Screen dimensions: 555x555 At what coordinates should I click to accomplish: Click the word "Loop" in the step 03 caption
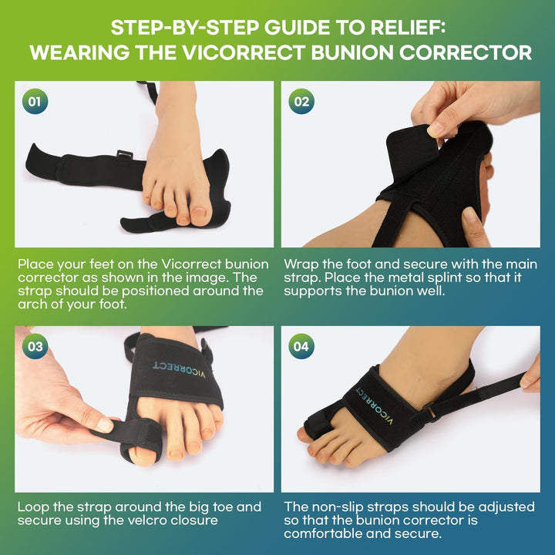tap(32, 506)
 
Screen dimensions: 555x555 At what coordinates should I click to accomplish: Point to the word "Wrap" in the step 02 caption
tap(301, 264)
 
